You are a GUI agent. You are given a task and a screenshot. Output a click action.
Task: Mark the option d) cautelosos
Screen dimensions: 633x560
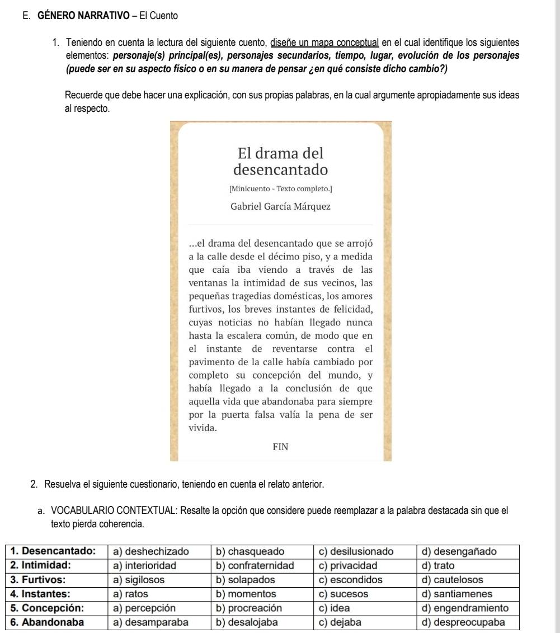pyautogui.click(x=460, y=579)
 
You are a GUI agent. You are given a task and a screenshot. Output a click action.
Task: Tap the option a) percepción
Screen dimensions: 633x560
pyautogui.click(x=143, y=607)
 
